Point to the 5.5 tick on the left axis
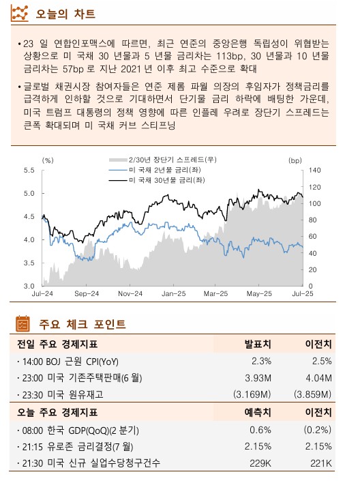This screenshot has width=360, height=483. point(29,170)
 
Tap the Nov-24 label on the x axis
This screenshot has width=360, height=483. point(130,293)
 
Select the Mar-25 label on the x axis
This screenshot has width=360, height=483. point(216,293)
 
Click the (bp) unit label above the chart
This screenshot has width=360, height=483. point(295,160)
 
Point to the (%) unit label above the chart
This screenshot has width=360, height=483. point(48,160)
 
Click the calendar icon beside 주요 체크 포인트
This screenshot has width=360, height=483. point(22,323)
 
